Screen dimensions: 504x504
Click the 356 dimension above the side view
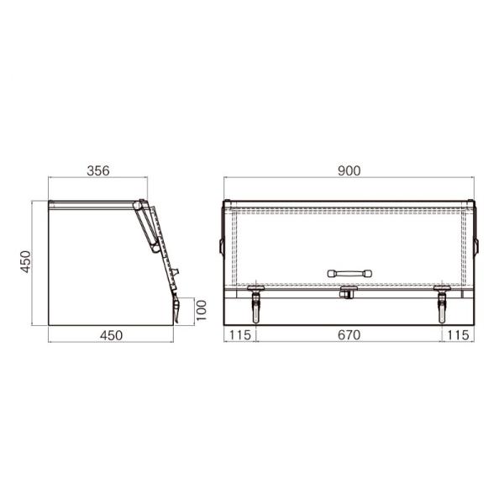[x=98, y=171]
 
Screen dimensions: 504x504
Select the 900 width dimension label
[x=349, y=171]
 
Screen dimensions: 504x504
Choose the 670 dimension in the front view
[x=349, y=335]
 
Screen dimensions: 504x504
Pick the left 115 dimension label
[x=240, y=335]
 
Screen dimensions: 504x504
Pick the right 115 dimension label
[x=459, y=335]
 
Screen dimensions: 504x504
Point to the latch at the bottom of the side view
[x=178, y=309]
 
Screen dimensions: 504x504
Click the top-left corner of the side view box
[x=48, y=202]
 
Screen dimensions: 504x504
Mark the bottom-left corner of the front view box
[x=226, y=325]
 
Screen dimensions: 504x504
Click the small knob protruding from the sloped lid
[x=177, y=270]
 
